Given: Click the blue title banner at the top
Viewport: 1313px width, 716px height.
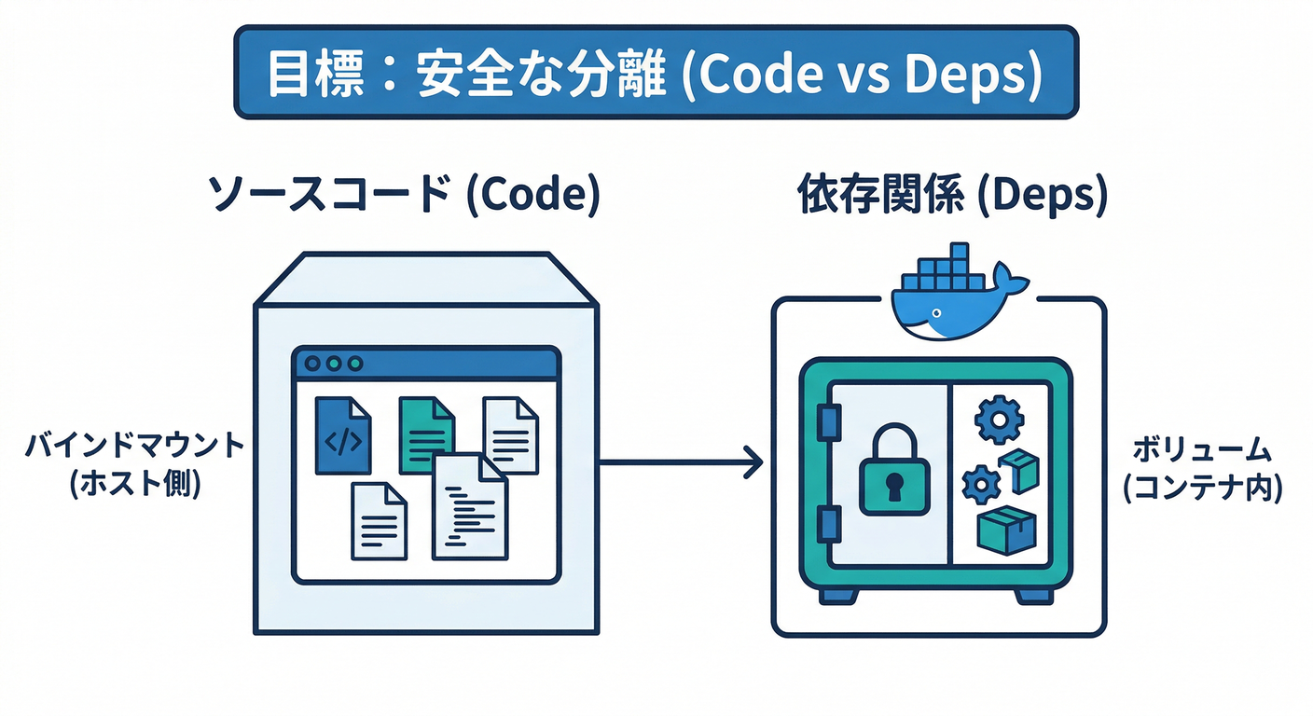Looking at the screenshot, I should click(x=656, y=73).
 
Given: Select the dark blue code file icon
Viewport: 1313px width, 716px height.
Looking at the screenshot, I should click(x=342, y=436).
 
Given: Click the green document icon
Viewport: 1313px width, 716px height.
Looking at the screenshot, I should click(x=426, y=434).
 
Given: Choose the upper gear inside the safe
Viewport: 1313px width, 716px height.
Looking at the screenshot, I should click(x=999, y=420).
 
